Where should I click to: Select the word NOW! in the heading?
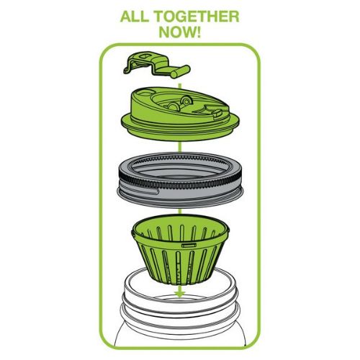click(x=179, y=33)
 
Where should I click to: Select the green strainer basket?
click(x=176, y=256)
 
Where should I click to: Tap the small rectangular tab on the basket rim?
click(x=190, y=246)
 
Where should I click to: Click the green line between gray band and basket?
click(x=176, y=210)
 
